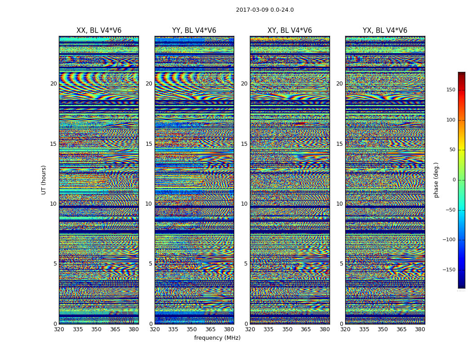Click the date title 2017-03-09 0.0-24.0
pyautogui.click(x=265, y=10)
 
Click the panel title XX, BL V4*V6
pyautogui.click(x=99, y=31)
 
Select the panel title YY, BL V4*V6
pyautogui.click(x=194, y=31)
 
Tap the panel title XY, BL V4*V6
pyautogui.click(x=289, y=31)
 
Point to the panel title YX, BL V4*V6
pyautogui.click(x=385, y=31)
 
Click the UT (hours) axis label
pyautogui.click(x=44, y=180)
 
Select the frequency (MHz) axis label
pyautogui.click(x=217, y=338)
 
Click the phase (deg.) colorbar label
pyautogui.click(x=436, y=180)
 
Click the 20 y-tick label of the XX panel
pyautogui.click(x=53, y=84)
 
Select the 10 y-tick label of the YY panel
pyautogui.click(x=149, y=204)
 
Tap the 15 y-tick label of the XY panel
pyautogui.click(x=244, y=144)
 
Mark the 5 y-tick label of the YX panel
pyautogui.click(x=341, y=264)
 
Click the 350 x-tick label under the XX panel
pyautogui.click(x=97, y=329)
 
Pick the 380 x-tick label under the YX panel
pyautogui.click(x=420, y=329)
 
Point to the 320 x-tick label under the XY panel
pyautogui.click(x=250, y=329)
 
